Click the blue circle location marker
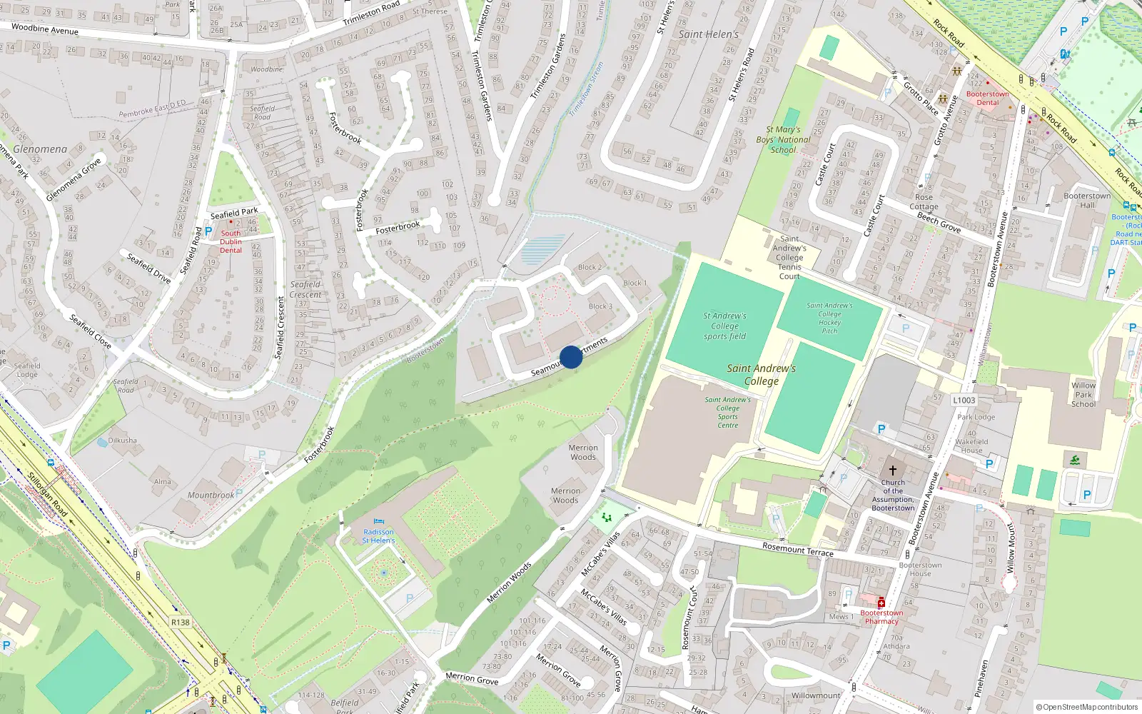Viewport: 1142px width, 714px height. (x=571, y=357)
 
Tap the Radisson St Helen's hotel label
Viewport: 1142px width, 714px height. (x=378, y=536)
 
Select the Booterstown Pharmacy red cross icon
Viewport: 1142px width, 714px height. (x=881, y=603)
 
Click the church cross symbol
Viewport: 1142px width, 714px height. (x=892, y=471)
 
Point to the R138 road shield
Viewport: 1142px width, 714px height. (x=181, y=623)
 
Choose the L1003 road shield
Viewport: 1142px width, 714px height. (x=964, y=401)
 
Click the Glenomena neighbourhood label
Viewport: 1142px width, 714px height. (x=40, y=149)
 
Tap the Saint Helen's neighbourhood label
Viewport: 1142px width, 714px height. (x=708, y=34)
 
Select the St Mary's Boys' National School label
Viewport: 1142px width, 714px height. (x=783, y=140)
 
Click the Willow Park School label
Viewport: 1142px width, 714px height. (x=1083, y=394)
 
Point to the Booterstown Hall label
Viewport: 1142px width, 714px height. (x=1087, y=200)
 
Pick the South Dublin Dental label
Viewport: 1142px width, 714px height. (x=231, y=241)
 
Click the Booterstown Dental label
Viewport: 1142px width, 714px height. (x=988, y=98)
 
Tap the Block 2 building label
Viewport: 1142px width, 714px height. (x=590, y=267)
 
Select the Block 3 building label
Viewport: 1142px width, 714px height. (x=600, y=306)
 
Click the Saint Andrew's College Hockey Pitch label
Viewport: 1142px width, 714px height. (x=829, y=318)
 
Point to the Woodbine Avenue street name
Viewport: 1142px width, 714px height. (x=45, y=29)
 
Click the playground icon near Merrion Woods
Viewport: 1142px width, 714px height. (x=607, y=516)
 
